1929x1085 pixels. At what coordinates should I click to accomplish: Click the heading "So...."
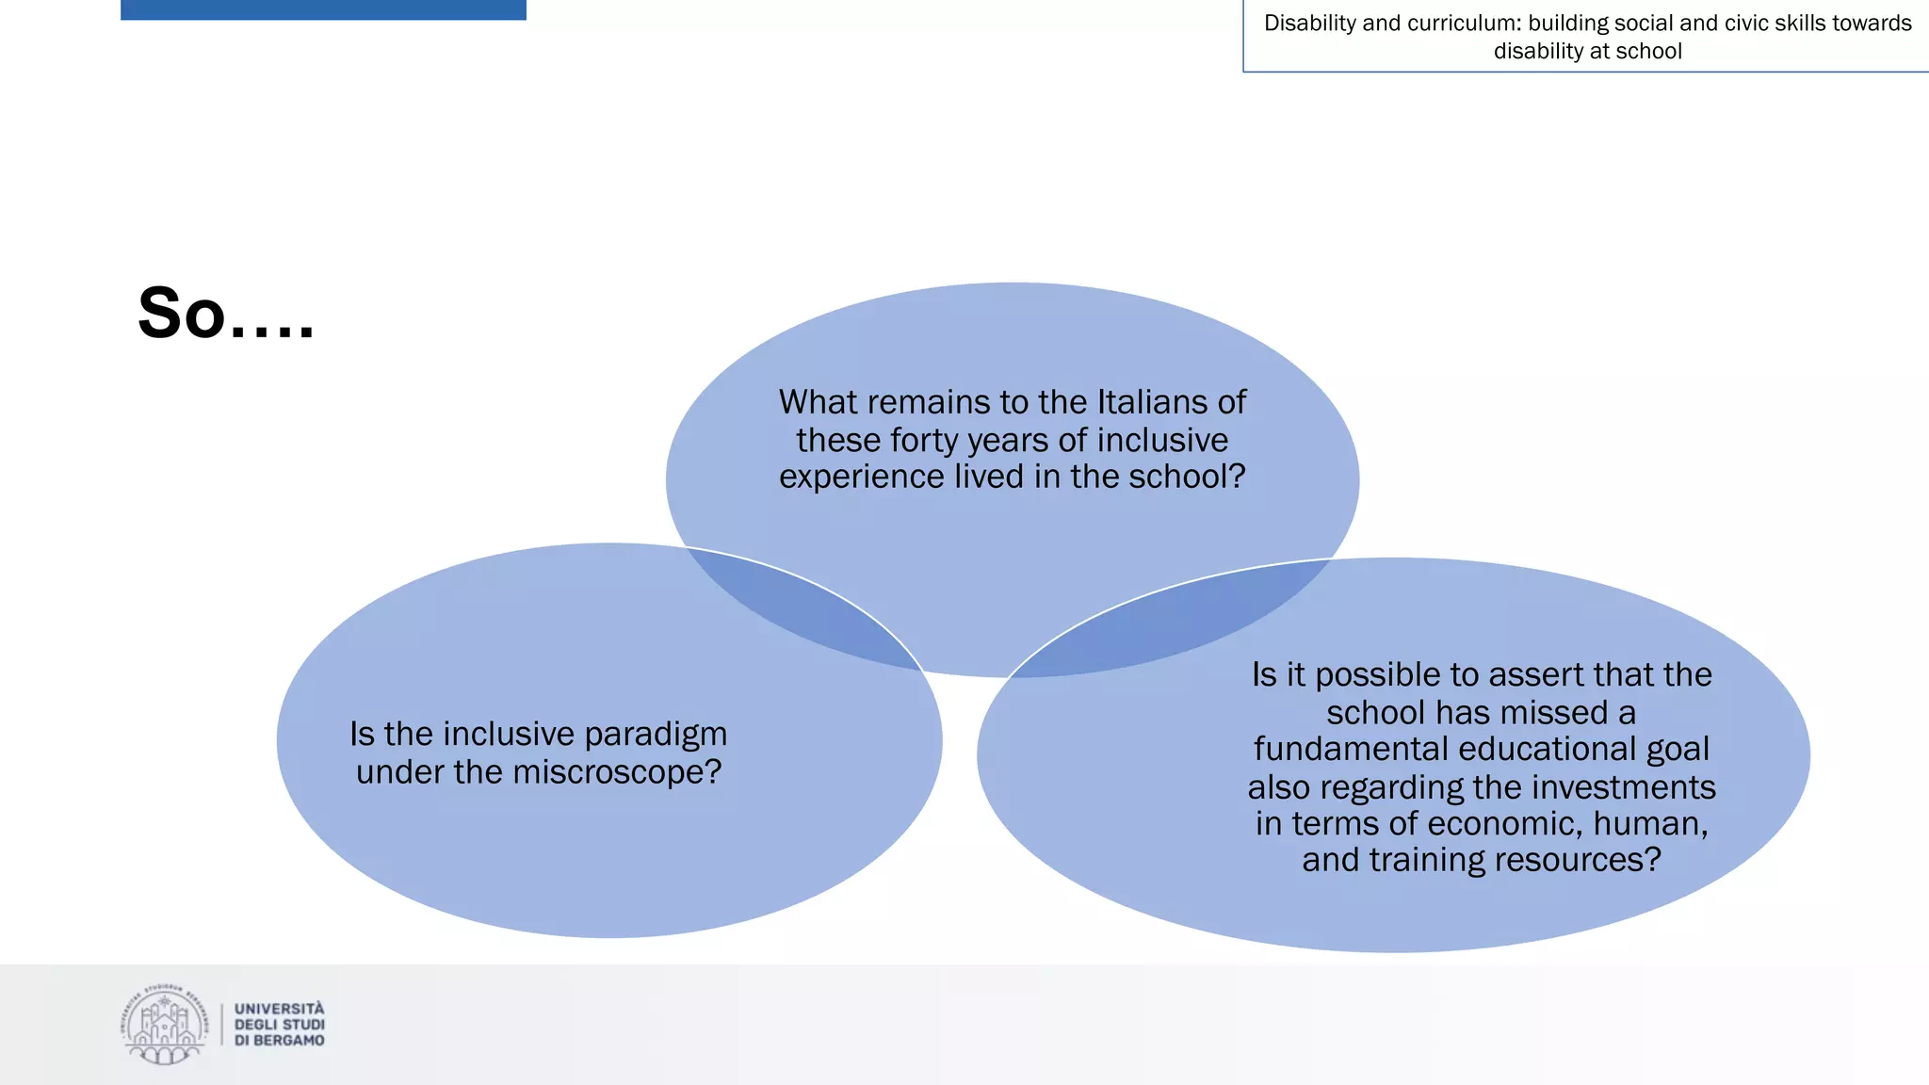click(x=226, y=314)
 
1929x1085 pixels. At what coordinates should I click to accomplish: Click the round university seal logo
click(x=164, y=1025)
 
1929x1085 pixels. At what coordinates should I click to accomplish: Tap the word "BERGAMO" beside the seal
click(x=289, y=1041)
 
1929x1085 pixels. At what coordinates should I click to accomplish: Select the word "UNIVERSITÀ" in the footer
click(x=280, y=1009)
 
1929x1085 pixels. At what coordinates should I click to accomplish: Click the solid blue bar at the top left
click(x=323, y=9)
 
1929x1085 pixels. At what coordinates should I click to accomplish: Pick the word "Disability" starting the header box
click(x=1308, y=24)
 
